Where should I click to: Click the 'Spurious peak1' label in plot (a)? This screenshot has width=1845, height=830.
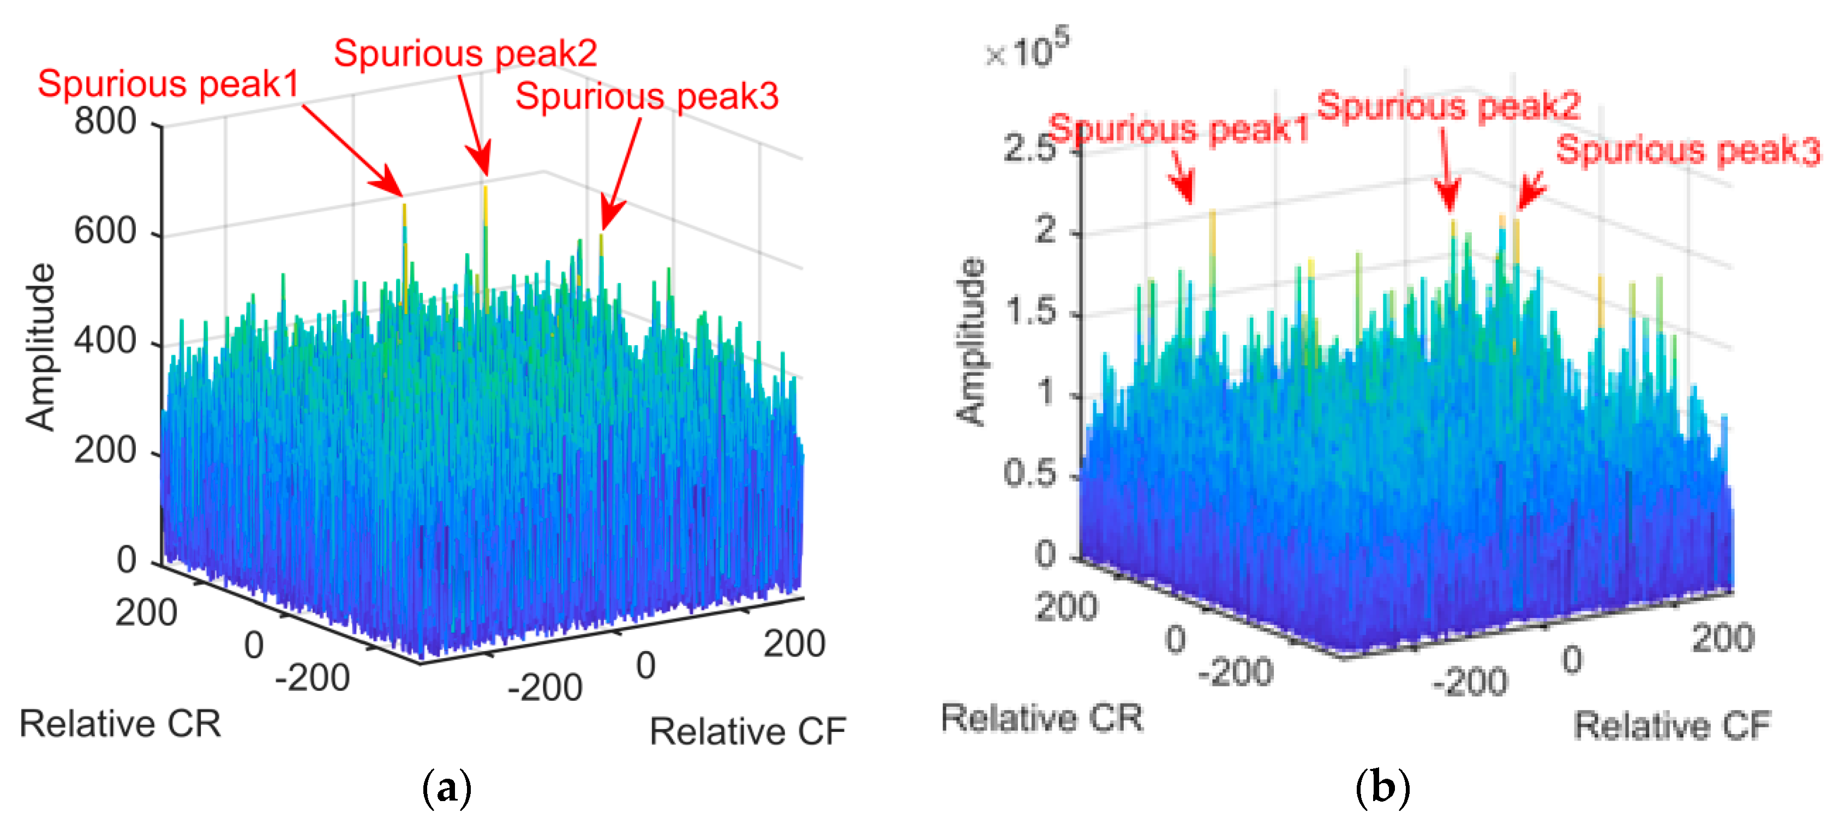coord(169,84)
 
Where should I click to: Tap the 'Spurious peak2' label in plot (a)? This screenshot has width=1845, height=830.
coord(465,53)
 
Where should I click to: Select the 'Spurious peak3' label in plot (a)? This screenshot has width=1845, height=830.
coord(647,97)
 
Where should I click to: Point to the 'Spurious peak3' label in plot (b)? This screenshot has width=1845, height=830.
coord(1687,151)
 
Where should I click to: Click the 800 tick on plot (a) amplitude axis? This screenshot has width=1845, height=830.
coord(105,121)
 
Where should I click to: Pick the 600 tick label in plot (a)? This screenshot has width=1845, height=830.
coord(105,231)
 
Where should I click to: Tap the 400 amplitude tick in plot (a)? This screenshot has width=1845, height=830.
coord(105,341)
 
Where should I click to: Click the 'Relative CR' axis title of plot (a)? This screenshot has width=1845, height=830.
coord(121,723)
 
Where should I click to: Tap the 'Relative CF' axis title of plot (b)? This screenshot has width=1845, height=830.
coord(1672,725)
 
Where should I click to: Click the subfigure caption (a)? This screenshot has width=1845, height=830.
coord(447,788)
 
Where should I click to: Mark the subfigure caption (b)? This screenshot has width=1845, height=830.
coord(1382,788)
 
